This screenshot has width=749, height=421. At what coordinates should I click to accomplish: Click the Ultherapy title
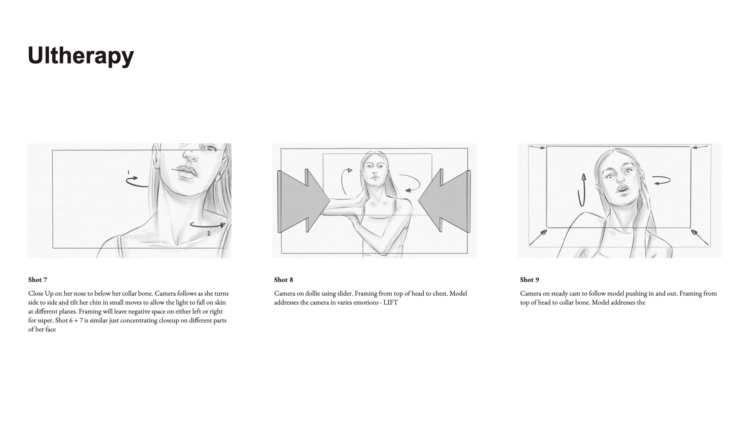(x=81, y=56)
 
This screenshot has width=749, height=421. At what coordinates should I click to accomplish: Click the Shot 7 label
(x=37, y=279)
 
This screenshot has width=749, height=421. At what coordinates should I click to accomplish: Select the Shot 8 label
(x=284, y=279)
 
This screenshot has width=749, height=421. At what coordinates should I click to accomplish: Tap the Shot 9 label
(x=529, y=279)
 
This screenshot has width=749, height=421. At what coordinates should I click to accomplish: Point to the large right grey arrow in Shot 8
(x=444, y=201)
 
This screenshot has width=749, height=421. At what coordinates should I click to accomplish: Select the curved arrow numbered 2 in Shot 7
(x=207, y=226)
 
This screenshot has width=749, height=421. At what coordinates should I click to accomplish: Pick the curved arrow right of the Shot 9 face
(x=662, y=180)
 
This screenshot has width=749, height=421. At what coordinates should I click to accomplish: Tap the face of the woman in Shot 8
(x=374, y=172)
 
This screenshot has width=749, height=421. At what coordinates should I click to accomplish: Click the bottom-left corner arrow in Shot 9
(x=538, y=237)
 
